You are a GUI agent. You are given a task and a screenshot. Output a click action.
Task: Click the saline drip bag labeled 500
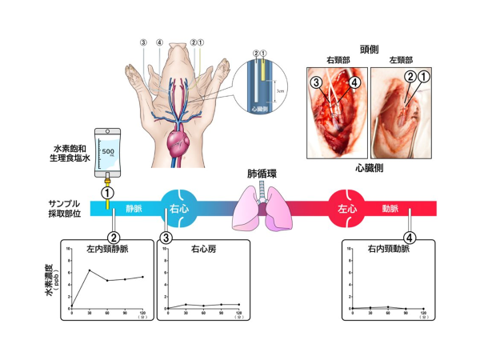(107, 152)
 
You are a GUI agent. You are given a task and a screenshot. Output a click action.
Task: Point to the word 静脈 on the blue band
(134, 210)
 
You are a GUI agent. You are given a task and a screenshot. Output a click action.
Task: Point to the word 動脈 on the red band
(392, 210)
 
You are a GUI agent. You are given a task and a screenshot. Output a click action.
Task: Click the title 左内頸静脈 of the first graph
(108, 249)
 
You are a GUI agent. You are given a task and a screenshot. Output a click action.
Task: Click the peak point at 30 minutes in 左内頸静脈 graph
(90, 270)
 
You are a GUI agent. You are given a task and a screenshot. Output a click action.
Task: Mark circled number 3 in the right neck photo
(318, 82)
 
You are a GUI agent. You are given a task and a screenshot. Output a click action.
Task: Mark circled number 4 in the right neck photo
(354, 82)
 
